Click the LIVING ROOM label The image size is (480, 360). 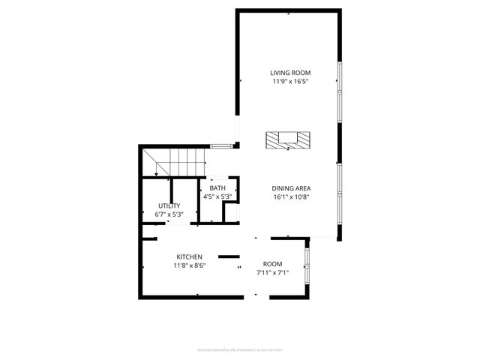click(x=289, y=73)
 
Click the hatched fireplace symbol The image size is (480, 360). click(x=289, y=140)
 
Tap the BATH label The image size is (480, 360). click(x=217, y=188)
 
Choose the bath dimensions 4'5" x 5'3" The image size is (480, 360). click(x=217, y=196)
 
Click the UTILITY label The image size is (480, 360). click(x=169, y=205)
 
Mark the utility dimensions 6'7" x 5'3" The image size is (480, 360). click(x=169, y=214)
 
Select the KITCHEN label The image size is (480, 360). click(x=190, y=256)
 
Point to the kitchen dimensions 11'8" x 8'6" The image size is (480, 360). click(x=190, y=265)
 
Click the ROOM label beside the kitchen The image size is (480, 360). click(x=272, y=264)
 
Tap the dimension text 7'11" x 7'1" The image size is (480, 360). click(x=272, y=272)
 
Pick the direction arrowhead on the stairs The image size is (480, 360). click(x=155, y=175)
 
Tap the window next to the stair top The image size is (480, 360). click(x=219, y=145)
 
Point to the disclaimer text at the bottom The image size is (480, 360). click(x=240, y=349)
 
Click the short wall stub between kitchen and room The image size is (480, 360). click(x=228, y=256)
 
